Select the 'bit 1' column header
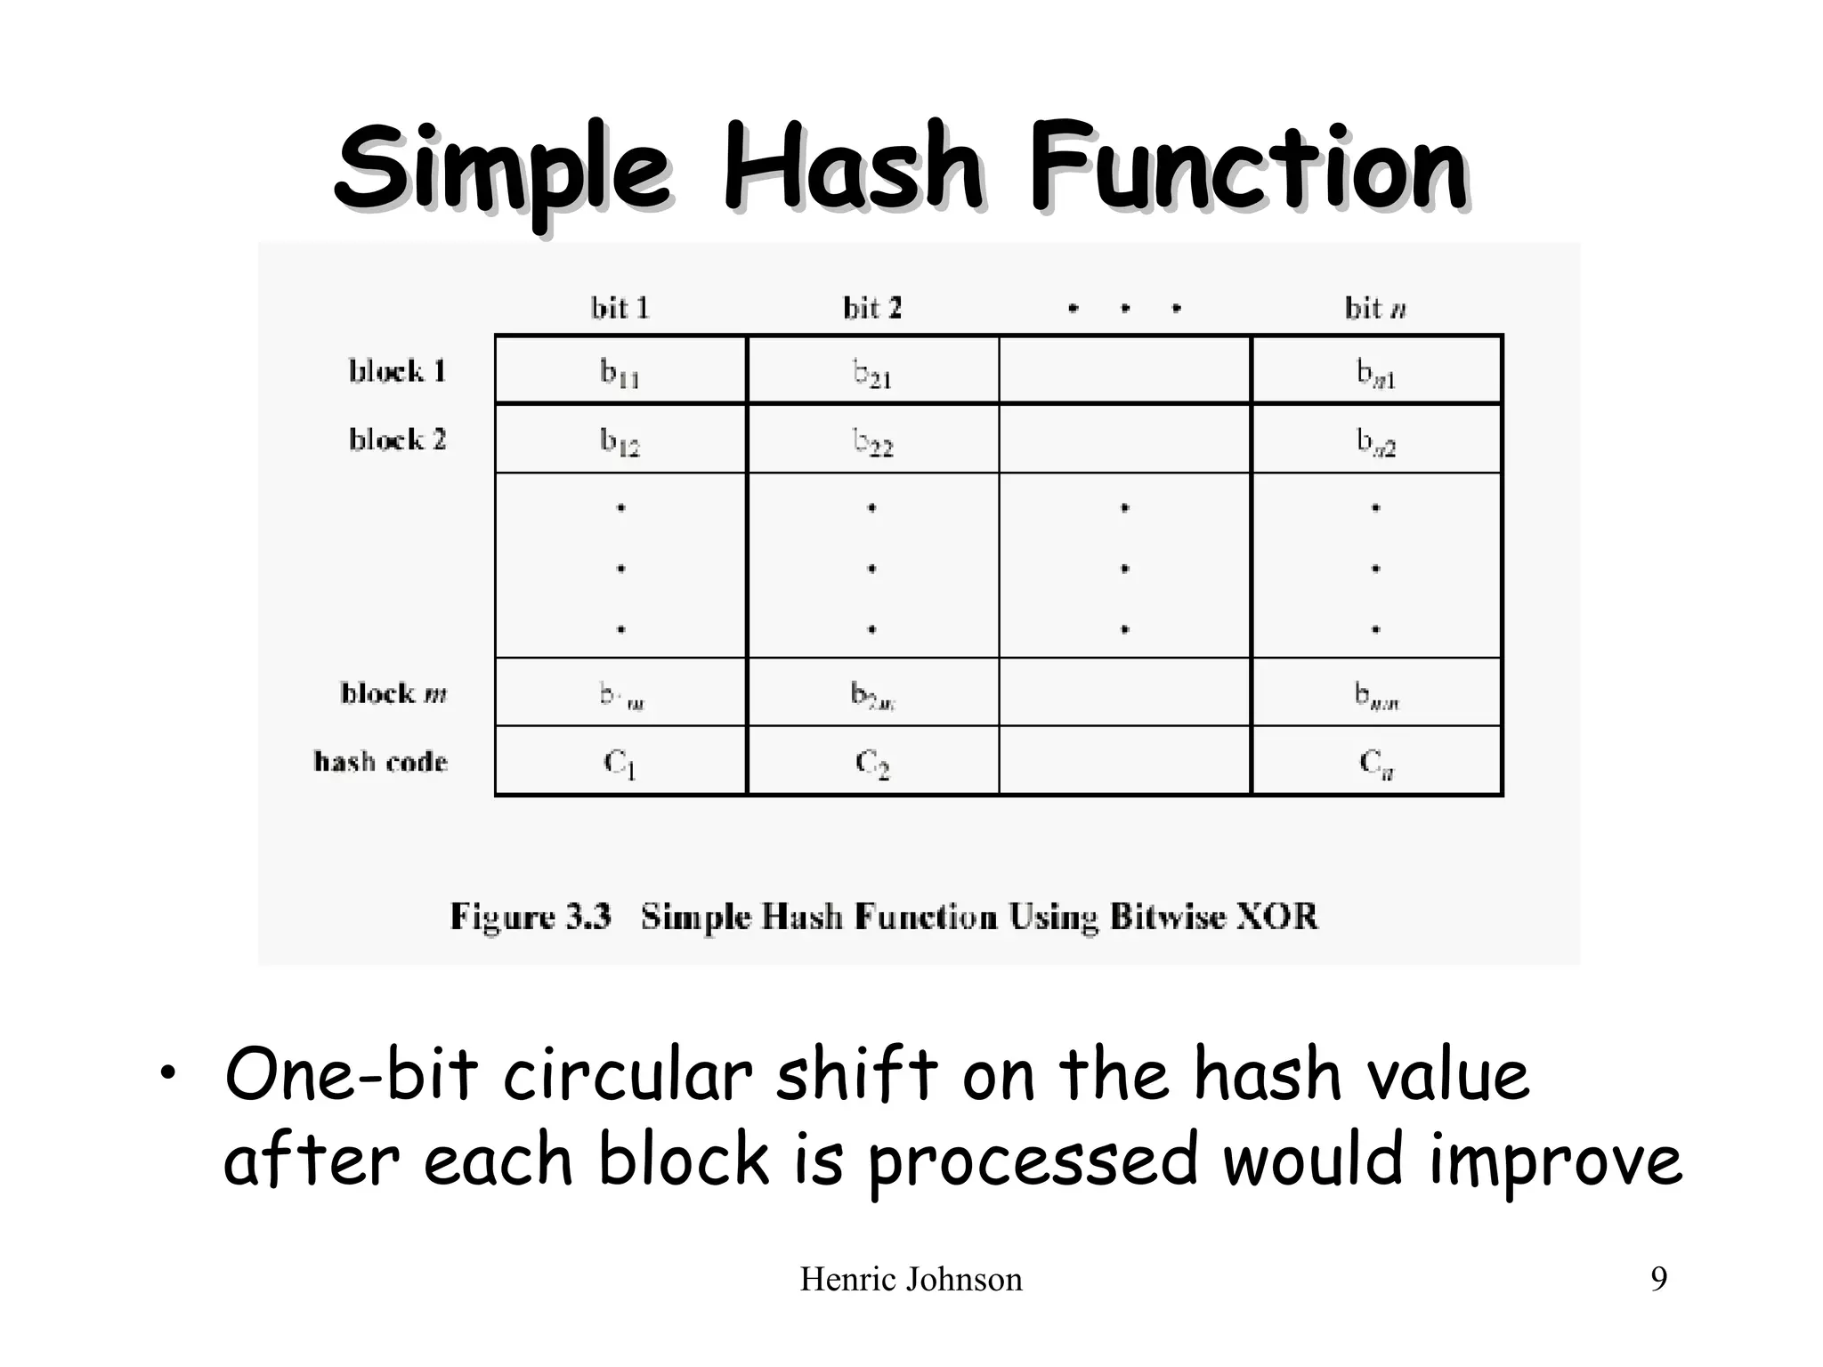pos(620,308)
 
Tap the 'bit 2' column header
pos(871,308)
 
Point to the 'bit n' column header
pos(1375,308)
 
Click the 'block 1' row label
pos(397,370)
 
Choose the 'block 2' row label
pos(397,439)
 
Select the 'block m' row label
pos(393,692)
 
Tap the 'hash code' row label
pos(381,761)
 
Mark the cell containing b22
pos(872,440)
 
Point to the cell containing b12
pos(620,440)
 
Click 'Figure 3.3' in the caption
pos(531,916)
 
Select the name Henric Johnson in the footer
pos(911,1280)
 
